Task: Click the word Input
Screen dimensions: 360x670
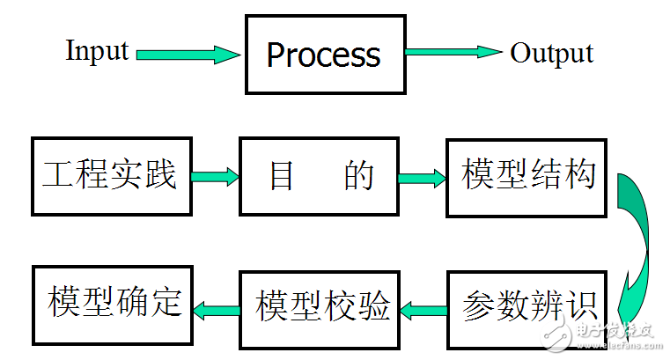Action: (x=97, y=51)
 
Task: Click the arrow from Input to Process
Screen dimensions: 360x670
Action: (x=188, y=55)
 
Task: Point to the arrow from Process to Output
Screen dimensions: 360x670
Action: (x=453, y=52)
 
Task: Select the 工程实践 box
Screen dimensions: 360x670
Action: (x=111, y=176)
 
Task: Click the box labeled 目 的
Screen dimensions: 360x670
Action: (x=320, y=177)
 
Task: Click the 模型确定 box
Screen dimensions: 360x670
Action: (x=112, y=303)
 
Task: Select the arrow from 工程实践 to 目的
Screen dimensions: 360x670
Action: (x=216, y=177)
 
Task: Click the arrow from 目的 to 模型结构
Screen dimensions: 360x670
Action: (x=423, y=177)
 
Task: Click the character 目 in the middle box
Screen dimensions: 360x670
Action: (x=281, y=177)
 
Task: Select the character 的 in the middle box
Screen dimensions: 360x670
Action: (x=358, y=177)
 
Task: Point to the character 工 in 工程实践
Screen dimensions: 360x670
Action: (x=57, y=175)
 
